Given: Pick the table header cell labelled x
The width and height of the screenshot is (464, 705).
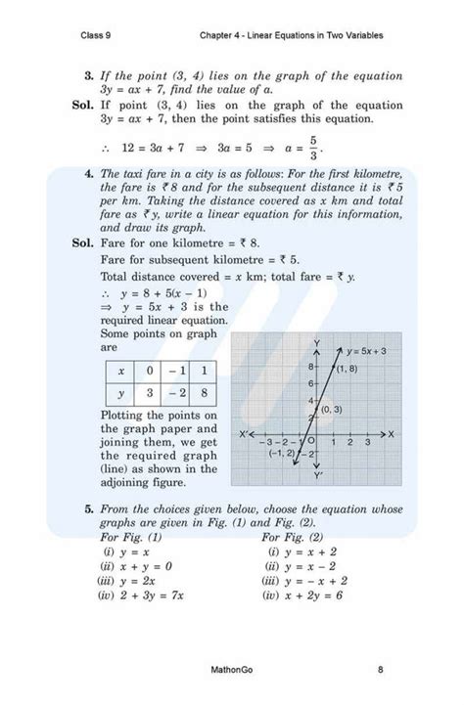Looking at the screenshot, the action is click(x=120, y=372).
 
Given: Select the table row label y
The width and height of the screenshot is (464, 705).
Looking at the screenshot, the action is click(x=120, y=392).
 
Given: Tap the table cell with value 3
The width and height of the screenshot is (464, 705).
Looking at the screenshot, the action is click(x=149, y=392).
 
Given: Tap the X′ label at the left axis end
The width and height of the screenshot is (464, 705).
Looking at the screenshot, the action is click(x=245, y=433).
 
